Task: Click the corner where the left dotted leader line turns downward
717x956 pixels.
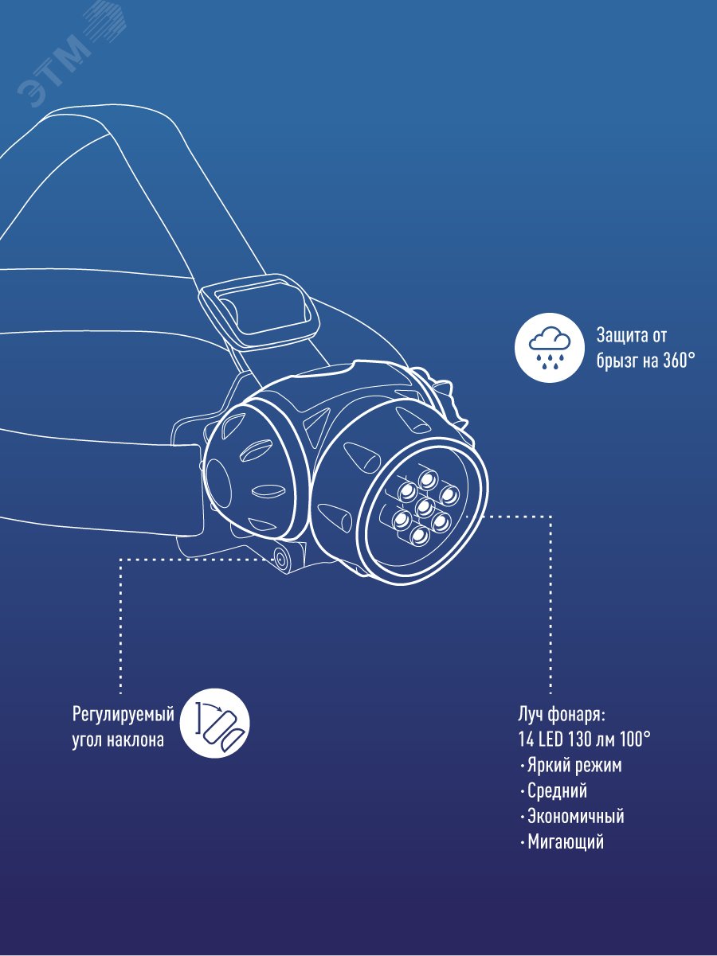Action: click(121, 560)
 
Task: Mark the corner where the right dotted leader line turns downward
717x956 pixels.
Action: click(550, 516)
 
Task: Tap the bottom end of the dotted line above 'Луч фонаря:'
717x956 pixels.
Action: click(550, 693)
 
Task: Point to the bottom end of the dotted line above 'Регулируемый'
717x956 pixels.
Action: click(121, 693)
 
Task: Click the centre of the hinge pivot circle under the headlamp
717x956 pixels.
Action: click(280, 557)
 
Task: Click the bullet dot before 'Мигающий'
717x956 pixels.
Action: click(522, 843)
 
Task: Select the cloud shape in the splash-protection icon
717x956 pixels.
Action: click(549, 338)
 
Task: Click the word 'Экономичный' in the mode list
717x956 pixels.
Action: click(575, 816)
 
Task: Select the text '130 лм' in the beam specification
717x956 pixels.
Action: click(593, 739)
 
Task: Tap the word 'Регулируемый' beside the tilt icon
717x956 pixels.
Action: click(123, 716)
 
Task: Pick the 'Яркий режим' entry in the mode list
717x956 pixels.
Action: click(574, 766)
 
